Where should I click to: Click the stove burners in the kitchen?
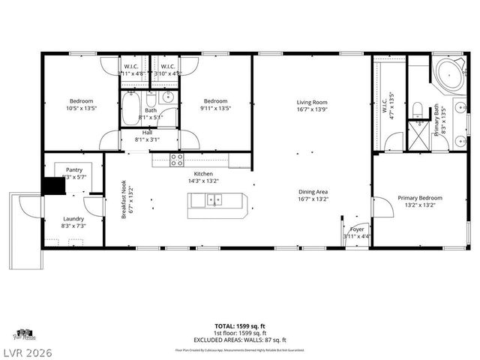(x=177, y=159)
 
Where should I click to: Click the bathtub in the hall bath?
(x=132, y=108)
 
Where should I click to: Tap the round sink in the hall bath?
(x=168, y=96)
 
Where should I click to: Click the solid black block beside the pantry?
(x=53, y=186)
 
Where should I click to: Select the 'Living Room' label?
(x=312, y=102)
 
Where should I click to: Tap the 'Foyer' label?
(x=357, y=229)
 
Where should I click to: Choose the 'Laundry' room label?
(x=73, y=219)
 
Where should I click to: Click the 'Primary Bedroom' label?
(x=420, y=198)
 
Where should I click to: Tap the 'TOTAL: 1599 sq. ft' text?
(x=240, y=326)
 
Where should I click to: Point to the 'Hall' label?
(x=147, y=133)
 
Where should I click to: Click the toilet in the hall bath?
(x=151, y=99)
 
